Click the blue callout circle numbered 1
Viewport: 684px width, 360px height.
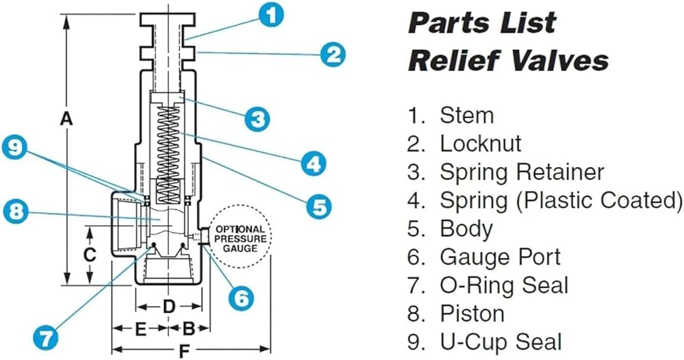click(x=272, y=14)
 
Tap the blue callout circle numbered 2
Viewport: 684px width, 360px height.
click(x=332, y=53)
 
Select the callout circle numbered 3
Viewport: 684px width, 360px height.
click(x=256, y=119)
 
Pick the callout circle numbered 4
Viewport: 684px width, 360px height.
click(x=311, y=164)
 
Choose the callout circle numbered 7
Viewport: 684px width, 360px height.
click(x=46, y=337)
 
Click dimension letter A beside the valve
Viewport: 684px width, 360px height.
click(x=65, y=119)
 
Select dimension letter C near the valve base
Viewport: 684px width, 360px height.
click(x=89, y=255)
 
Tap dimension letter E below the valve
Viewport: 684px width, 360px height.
click(x=140, y=329)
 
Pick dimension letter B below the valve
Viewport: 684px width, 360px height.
click(x=189, y=329)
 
